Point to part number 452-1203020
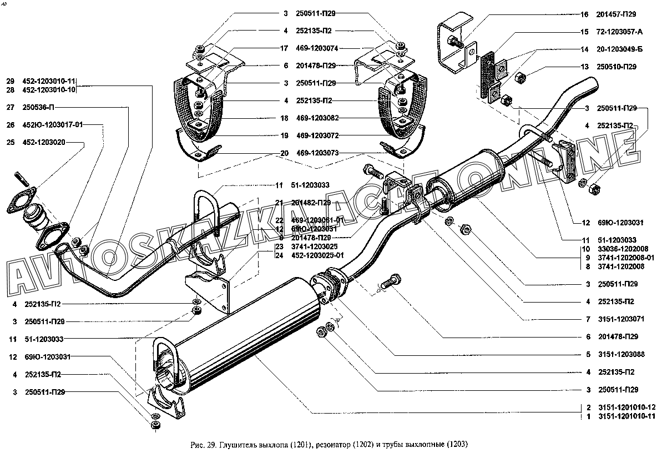pyautogui.click(x=44, y=142)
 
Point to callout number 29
pyautogui.click(x=10, y=81)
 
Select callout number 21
pyautogui.click(x=279, y=203)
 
